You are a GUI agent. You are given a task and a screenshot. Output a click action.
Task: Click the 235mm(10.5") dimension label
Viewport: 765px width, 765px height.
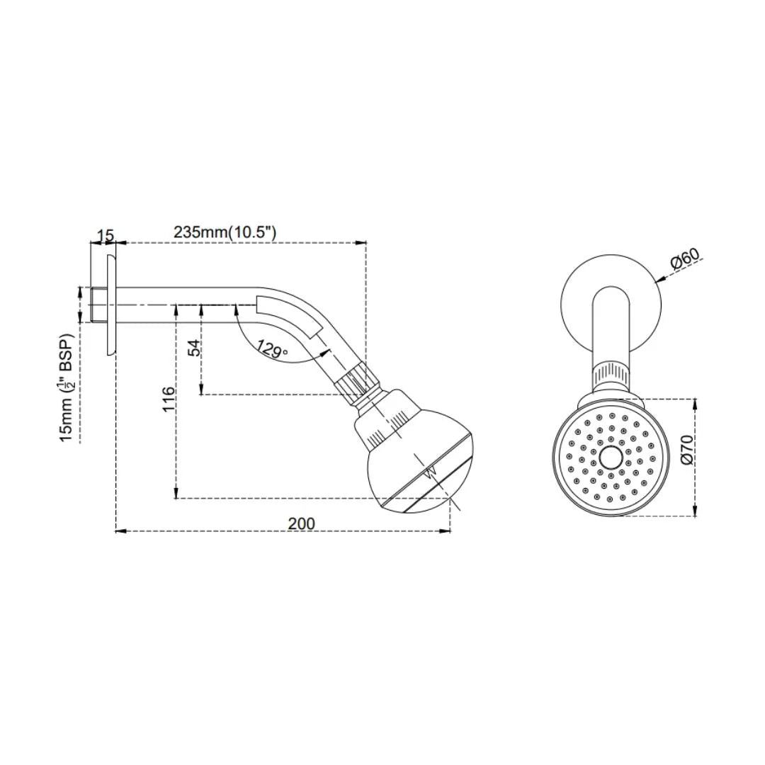(x=225, y=232)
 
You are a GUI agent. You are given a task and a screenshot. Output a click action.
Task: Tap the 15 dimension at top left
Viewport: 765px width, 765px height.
(x=105, y=234)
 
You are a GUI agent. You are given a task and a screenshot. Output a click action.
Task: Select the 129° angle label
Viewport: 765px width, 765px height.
(x=273, y=348)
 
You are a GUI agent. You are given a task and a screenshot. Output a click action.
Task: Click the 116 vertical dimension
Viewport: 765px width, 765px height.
(x=168, y=400)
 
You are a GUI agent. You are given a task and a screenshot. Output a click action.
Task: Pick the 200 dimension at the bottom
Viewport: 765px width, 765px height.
(x=301, y=523)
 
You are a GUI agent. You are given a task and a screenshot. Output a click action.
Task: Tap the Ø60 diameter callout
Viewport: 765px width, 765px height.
(x=685, y=260)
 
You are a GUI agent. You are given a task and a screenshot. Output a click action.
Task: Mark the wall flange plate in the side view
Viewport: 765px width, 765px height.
(x=111, y=305)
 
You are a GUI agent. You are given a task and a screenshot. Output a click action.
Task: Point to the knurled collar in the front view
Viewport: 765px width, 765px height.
(x=610, y=373)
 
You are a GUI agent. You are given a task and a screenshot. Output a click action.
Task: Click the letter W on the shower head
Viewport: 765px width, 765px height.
(x=429, y=472)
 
